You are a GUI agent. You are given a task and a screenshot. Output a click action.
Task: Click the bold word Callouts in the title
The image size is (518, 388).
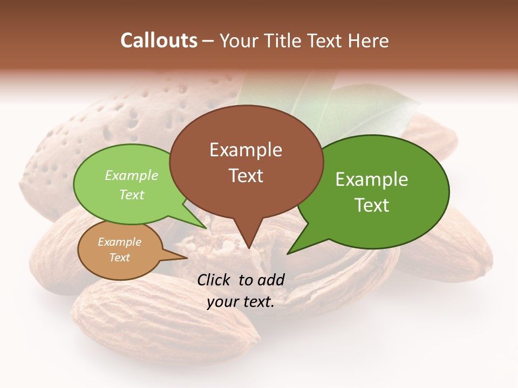pos(159,40)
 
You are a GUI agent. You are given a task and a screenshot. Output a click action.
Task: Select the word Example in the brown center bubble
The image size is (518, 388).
pos(246,150)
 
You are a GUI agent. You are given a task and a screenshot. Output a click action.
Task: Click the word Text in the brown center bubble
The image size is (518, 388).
pos(246,176)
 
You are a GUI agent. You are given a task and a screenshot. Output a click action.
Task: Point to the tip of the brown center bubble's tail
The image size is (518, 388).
pos(248,248)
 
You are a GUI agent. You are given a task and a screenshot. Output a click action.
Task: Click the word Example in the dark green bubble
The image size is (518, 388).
pos(372,179)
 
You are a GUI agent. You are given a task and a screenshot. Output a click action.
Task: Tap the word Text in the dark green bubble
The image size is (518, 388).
pos(372,205)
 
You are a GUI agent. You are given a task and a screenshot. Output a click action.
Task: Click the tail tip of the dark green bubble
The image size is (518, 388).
pos(288,253)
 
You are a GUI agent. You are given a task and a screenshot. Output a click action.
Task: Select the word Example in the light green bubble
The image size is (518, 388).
pos(131,175)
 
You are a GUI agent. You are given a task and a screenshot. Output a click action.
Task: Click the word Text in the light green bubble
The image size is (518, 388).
pos(131,195)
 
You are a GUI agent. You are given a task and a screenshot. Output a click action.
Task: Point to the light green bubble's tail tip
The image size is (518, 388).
pos(206,228)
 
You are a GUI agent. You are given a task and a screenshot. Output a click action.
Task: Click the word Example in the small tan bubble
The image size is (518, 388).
pos(119,242)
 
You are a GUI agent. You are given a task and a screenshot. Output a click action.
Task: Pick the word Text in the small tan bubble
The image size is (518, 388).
pos(119,258)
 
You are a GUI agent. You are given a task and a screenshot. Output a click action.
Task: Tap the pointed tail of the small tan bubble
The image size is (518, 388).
pos(186,258)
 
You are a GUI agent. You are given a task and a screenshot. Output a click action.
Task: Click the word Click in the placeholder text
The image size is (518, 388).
pos(215,280)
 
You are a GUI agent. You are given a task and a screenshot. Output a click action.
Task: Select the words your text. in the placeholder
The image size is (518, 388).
pos(241,302)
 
